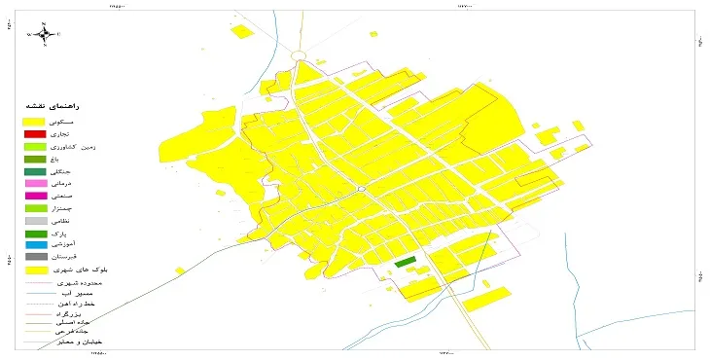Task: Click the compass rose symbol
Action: click(x=45, y=34)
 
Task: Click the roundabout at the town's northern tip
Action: click(x=299, y=56)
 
